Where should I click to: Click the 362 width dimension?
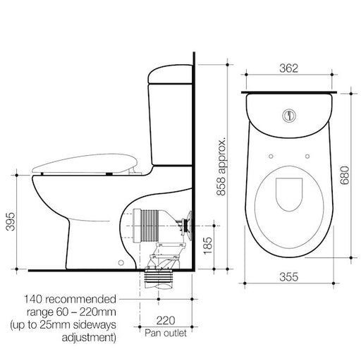(x=288, y=68)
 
